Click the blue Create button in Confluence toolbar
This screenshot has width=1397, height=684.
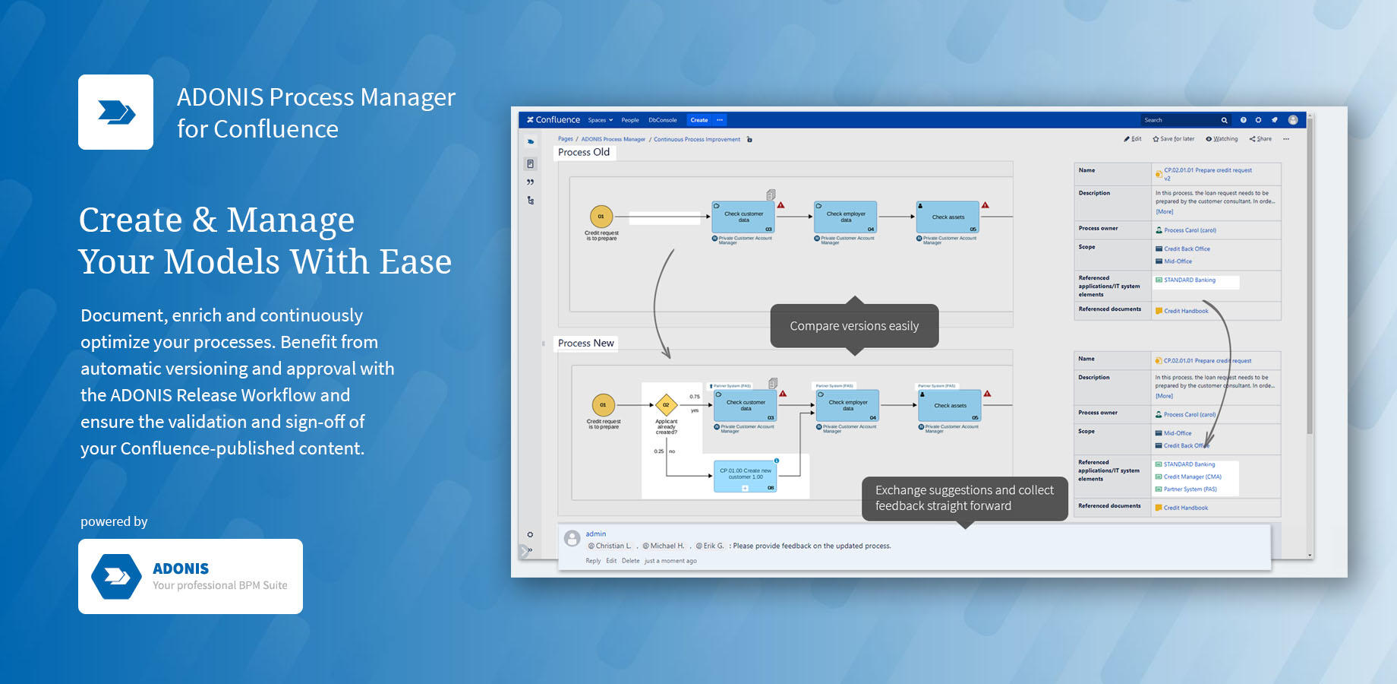click(698, 120)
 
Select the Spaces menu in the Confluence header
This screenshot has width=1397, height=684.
click(600, 120)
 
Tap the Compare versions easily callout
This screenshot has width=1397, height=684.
click(854, 326)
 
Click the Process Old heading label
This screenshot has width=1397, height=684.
click(584, 152)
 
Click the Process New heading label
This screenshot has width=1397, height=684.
click(585, 344)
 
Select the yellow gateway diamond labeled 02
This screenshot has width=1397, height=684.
click(666, 405)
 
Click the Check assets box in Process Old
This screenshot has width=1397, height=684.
click(948, 217)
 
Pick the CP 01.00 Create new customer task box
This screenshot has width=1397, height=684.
click(746, 475)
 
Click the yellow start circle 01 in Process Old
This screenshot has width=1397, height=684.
click(601, 217)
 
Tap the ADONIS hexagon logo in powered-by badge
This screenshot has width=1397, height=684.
click(116, 576)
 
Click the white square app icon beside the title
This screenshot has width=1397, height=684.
click(116, 112)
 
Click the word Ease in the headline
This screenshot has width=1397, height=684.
click(415, 262)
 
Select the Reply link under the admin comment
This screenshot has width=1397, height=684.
click(593, 561)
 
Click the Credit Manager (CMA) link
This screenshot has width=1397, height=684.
click(1192, 477)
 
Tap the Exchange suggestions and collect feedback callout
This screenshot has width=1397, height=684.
click(964, 498)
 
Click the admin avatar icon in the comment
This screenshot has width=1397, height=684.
click(572, 539)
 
